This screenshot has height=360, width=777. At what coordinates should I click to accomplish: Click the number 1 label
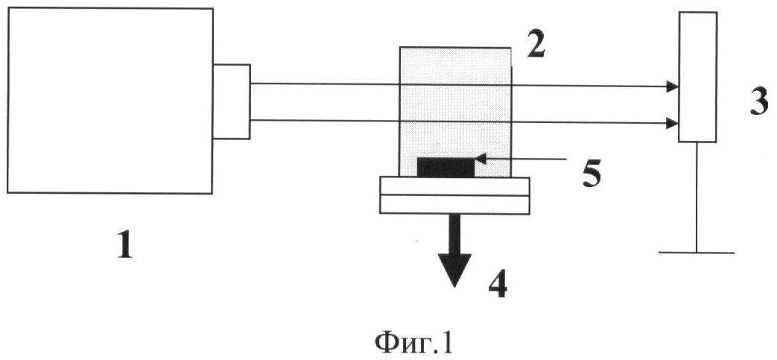(124, 244)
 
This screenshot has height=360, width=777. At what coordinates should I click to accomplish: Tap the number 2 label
(536, 45)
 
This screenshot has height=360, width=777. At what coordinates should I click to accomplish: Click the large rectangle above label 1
(110, 101)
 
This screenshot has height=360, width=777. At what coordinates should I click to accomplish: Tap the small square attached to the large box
(231, 101)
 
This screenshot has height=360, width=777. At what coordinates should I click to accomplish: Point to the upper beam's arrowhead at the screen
(672, 87)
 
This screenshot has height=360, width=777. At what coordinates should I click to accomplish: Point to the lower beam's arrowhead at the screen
(672, 122)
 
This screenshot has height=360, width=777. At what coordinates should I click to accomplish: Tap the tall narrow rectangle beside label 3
(697, 77)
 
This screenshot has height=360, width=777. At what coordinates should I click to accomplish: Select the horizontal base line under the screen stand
(697, 252)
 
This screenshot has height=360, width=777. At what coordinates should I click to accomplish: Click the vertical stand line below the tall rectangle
(697, 197)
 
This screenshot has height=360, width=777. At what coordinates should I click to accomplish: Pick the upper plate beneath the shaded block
(454, 186)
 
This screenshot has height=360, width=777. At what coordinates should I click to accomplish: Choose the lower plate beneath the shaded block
(454, 203)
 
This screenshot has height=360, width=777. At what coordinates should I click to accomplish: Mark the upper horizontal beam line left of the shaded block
(324, 84)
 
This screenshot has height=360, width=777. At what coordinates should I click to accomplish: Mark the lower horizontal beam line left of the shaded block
(324, 120)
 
